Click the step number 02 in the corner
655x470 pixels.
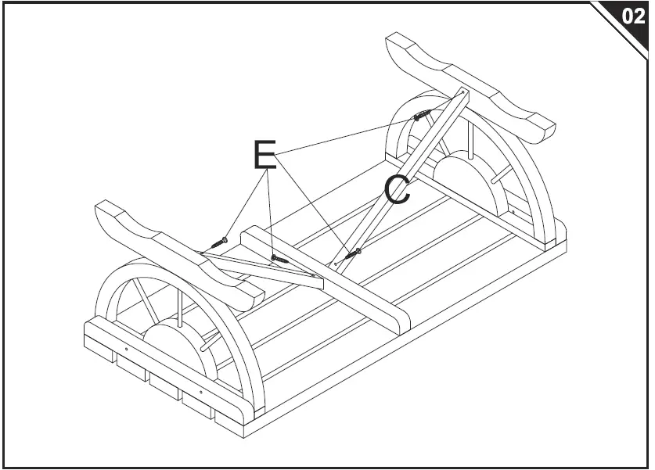pyautogui.click(x=632, y=17)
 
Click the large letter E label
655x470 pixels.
pyautogui.click(x=265, y=155)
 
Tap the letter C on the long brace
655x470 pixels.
pyautogui.click(x=398, y=190)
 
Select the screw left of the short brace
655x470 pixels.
pyautogui.click(x=222, y=240)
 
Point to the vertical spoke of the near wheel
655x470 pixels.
pyautogui.click(x=181, y=305)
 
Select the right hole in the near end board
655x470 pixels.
pyautogui.click(x=201, y=390)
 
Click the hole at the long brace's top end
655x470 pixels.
pyautogui.click(x=462, y=94)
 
